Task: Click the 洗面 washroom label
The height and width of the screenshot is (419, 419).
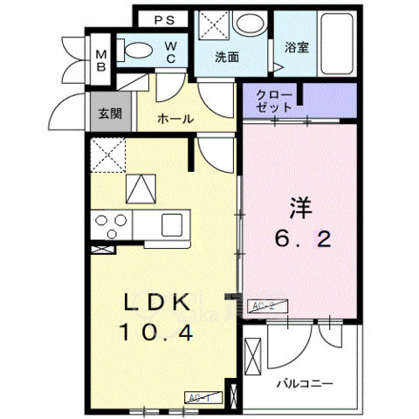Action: pyautogui.click(x=229, y=57)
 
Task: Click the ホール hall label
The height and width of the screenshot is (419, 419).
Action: pyautogui.click(x=175, y=120)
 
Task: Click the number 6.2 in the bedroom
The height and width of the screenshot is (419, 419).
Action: pyautogui.click(x=299, y=239)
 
